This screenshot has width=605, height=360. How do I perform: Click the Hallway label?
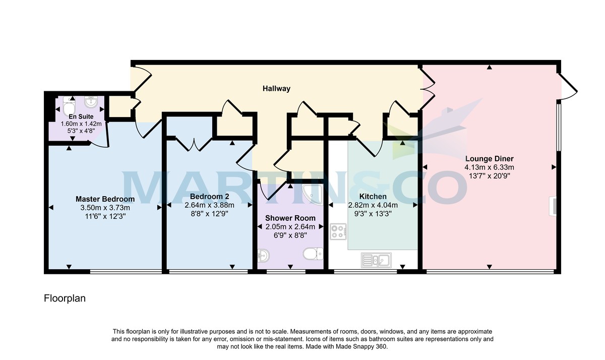coord(276,89)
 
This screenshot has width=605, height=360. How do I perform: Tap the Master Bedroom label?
coord(105,199)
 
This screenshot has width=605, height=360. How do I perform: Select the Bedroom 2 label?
coord(209,196)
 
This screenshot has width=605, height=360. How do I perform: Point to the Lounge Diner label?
coord(489,158)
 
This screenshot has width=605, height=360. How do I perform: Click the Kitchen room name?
coord(373,196)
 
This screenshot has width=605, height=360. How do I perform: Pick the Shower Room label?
coord(290,218)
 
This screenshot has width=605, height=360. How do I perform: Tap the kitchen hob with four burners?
coord(337,232)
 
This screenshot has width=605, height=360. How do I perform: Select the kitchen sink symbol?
coord(375,260)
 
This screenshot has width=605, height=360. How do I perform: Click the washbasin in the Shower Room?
coord(262,256)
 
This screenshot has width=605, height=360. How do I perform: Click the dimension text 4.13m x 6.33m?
coord(489,167)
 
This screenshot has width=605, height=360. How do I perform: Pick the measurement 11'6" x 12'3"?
coord(105,216)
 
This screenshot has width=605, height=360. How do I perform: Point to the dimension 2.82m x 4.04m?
coord(373,205)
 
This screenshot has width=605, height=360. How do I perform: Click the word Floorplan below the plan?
coord(65,298)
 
